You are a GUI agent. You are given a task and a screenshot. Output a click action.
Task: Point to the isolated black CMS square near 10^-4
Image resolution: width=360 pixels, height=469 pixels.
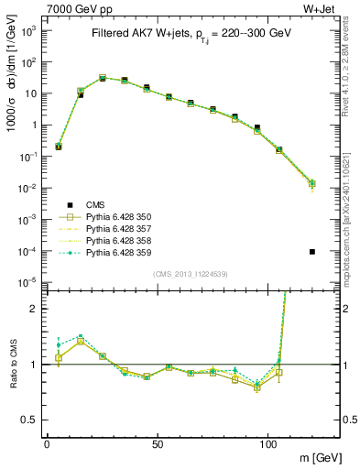(313, 251)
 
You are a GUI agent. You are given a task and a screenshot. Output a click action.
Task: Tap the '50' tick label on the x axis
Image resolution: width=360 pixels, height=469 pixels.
(158, 442)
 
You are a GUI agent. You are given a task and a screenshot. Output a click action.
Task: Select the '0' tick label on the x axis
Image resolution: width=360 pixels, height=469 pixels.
(47, 442)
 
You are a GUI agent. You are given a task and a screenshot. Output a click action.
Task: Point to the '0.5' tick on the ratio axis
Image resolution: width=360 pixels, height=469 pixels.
(27, 420)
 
